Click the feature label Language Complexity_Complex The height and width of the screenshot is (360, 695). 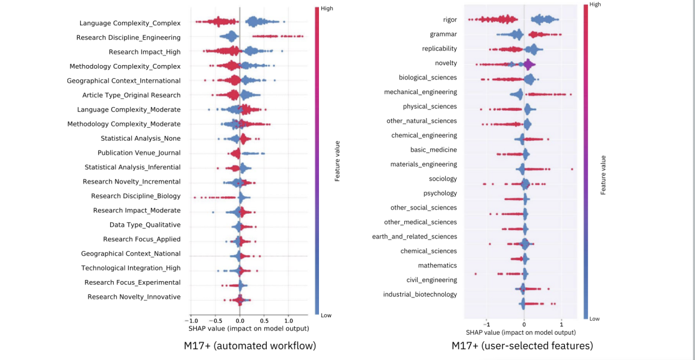[x=130, y=23]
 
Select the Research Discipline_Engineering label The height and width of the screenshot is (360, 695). [x=129, y=37]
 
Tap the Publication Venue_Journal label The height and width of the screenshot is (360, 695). [x=139, y=153]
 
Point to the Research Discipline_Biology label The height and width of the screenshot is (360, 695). [x=136, y=196]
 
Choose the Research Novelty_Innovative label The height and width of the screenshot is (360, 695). [x=134, y=297]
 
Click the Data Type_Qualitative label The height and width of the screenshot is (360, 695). [x=145, y=225]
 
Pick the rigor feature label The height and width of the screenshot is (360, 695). [x=449, y=19]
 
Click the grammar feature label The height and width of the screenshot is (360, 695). [x=443, y=34]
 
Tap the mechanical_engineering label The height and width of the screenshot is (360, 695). [x=420, y=92]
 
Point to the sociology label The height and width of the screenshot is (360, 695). [x=443, y=179]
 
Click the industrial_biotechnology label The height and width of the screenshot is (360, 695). [x=420, y=294]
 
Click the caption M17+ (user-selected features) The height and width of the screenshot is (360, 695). [x=522, y=346]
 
